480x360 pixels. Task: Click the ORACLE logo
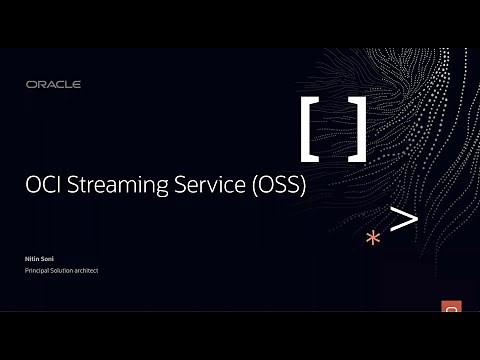click(53, 85)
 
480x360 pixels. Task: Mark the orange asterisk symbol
click(373, 238)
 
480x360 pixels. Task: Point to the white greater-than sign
click(403, 220)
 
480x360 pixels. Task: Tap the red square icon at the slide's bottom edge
click(451, 306)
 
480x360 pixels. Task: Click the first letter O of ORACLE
click(30, 85)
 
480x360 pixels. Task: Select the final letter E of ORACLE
click(77, 85)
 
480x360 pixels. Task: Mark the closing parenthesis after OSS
click(302, 185)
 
